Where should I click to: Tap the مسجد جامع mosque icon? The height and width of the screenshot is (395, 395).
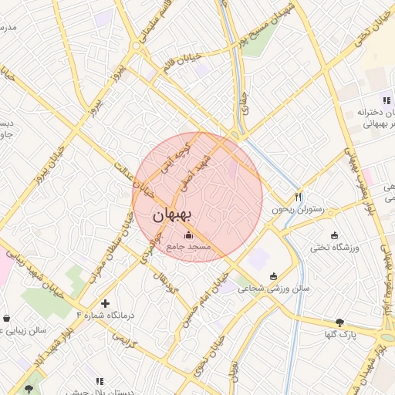click(189, 235)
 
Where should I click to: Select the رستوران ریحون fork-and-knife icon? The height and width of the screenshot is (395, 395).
click(299, 197)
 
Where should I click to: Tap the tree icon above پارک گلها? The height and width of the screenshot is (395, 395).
click(339, 322)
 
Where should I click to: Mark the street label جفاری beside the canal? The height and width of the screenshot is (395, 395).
click(245, 104)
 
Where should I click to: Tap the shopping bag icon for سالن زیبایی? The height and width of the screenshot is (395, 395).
click(7, 317)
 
